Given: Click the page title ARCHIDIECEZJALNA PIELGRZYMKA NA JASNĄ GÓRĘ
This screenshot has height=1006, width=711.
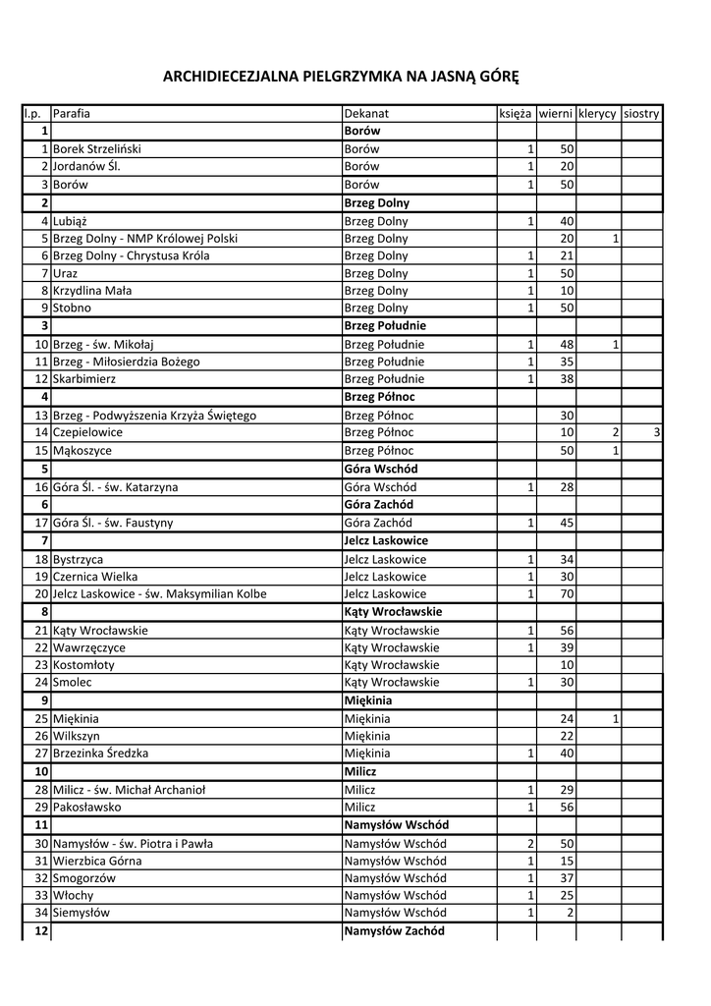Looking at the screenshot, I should pos(340,76).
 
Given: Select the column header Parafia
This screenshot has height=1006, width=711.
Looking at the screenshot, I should pos(72,114).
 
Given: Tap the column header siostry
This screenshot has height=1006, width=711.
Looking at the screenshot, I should pos(641,114).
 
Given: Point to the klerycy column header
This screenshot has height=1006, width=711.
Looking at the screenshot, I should pos(598,114).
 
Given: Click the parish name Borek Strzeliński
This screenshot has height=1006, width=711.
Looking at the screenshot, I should pos(97,148).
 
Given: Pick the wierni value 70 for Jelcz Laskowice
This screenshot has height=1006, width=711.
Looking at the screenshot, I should pos(567,593).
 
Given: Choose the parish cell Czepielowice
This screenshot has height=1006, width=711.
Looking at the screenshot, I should pos(87,431).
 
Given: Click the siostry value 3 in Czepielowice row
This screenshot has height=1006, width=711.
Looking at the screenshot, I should pos(656,431).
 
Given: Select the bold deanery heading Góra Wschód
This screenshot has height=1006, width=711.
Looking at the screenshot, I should pos(381,469).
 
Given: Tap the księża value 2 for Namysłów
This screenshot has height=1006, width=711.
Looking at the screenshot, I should pos(530,843).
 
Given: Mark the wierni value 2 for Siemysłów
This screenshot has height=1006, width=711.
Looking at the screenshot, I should pos(570,912).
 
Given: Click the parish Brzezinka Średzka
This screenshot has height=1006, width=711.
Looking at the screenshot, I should pos(101,753).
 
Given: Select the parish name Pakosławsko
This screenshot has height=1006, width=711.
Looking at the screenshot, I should pos(87,807).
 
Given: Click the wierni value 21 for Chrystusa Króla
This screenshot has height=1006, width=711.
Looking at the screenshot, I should pos(567,255).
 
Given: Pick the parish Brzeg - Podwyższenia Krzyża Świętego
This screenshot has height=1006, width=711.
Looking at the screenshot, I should pos(154,416).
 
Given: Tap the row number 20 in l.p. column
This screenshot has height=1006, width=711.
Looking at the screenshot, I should pos(41,593).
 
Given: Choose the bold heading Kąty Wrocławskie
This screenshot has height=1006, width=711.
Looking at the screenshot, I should pos(393,611).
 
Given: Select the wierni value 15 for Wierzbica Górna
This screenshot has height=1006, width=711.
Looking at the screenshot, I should pos(567,861).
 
